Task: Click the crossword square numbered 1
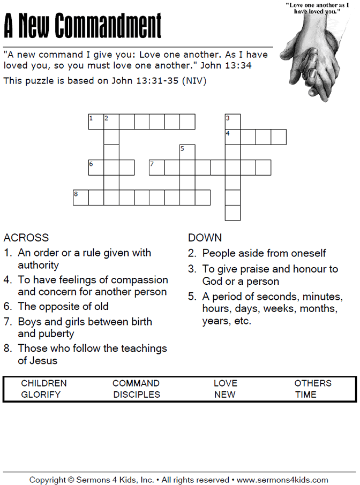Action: pyautogui.click(x=96, y=122)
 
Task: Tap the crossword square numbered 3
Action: pyautogui.click(x=232, y=122)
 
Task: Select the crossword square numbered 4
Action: pyautogui.click(x=232, y=137)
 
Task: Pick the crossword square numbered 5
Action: pyautogui.click(x=187, y=153)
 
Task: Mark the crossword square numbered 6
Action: pyautogui.click(x=96, y=168)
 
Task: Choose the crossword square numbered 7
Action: pyautogui.click(x=156, y=168)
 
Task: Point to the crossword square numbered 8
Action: pyautogui.click(x=81, y=198)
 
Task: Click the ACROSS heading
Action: pyautogui.click(x=26, y=238)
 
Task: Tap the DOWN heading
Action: pyautogui.click(x=205, y=238)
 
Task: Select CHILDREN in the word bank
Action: pyautogui.click(x=44, y=383)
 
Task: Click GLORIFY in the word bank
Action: pyautogui.click(x=41, y=395)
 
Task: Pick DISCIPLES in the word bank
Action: pyautogui.click(x=137, y=395)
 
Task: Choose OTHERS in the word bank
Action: pyautogui.click(x=313, y=383)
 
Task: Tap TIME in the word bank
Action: pyautogui.click(x=305, y=395)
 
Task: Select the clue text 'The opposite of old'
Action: pyautogui.click(x=63, y=307)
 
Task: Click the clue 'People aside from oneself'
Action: pyautogui.click(x=264, y=253)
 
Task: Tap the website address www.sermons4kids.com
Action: pyautogui.click(x=282, y=480)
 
